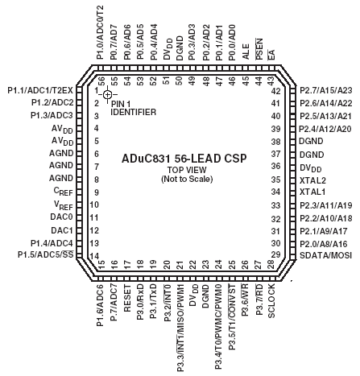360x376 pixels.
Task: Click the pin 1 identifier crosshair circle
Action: click(108, 94)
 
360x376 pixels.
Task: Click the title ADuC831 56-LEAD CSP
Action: click(184, 159)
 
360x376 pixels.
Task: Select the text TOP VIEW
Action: click(187, 170)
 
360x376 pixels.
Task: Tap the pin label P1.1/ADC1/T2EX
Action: click(40, 90)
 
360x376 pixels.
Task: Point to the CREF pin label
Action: click(64, 192)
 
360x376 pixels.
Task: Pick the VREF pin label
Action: click(64, 205)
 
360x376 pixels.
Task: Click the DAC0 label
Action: click(61, 217)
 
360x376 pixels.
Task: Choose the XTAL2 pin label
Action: click(312, 180)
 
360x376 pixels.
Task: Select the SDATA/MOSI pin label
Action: click(325, 255)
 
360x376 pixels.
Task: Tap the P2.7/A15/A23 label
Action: click(326, 90)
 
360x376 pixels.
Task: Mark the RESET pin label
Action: click(127, 298)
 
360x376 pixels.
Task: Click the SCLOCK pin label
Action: click(271, 301)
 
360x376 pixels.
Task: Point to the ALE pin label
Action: click(246, 52)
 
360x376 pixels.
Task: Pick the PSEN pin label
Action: click(259, 49)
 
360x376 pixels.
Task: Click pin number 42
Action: click(276, 91)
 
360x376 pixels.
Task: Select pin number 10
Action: click(94, 205)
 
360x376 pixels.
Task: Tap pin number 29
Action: click(276, 254)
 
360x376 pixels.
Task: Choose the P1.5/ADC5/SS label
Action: click(46, 254)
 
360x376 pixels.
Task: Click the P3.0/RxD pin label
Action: click(140, 303)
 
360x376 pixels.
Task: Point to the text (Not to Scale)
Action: click(187, 179)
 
